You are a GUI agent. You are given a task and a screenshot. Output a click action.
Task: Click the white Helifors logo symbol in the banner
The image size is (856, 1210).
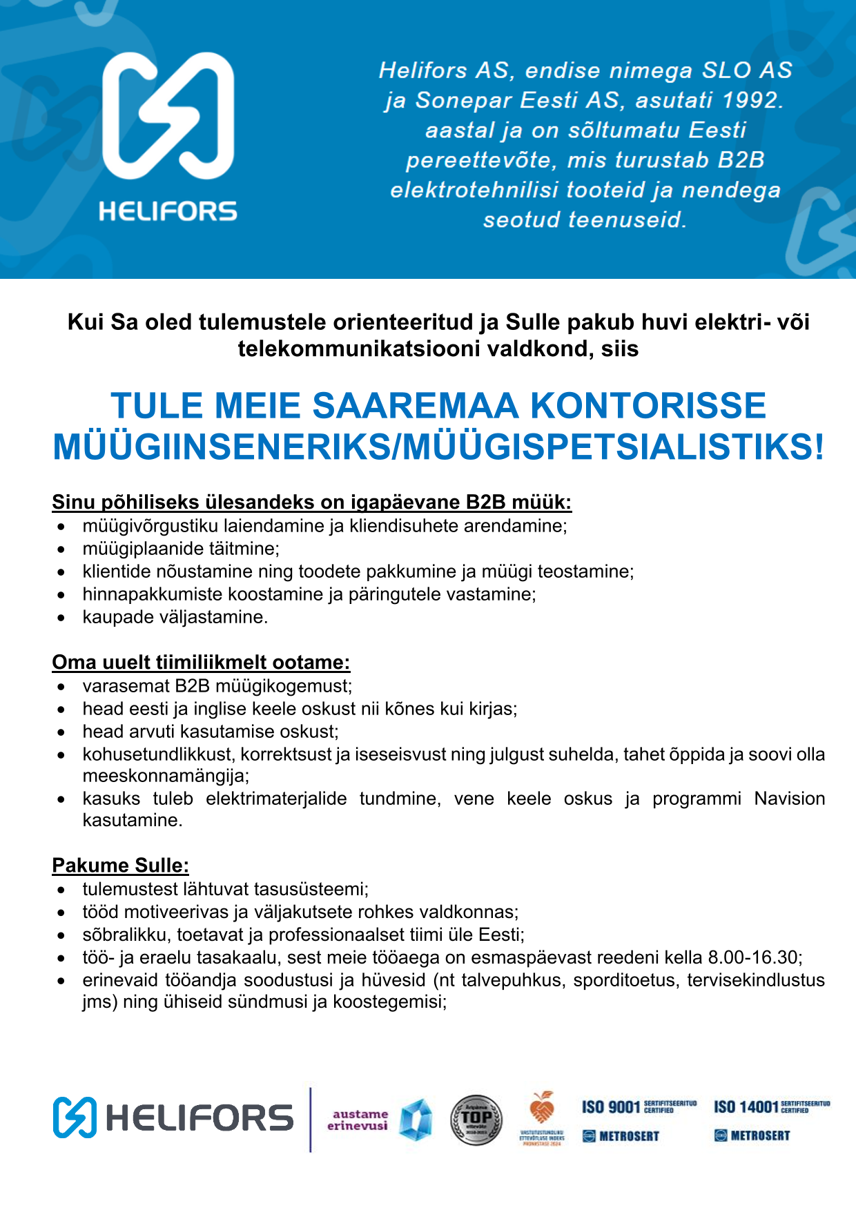tap(168, 115)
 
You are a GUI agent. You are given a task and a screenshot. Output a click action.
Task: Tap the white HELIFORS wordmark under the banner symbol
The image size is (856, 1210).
tap(168, 211)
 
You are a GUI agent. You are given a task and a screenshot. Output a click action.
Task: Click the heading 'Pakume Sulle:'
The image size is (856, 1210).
tap(120, 866)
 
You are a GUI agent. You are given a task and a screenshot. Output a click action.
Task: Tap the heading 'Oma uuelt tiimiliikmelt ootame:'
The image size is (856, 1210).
tap(201, 663)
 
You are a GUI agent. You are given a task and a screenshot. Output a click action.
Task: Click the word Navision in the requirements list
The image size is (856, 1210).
tap(789, 799)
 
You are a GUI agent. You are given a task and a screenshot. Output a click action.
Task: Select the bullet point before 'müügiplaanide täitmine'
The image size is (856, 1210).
tap(62, 550)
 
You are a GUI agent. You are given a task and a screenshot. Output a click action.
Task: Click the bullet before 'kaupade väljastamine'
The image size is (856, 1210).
tap(62, 618)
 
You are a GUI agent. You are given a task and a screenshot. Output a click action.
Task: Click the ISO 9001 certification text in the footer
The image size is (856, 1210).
tap(611, 1107)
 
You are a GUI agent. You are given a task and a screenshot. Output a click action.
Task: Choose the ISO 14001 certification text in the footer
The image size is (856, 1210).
tap(746, 1107)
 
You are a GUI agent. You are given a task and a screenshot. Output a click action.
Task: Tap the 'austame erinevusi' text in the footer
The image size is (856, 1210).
tap(358, 1120)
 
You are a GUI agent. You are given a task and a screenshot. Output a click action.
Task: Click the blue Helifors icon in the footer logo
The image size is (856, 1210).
tap(75, 1118)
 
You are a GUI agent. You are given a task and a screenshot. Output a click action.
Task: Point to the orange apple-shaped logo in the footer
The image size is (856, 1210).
tap(542, 1109)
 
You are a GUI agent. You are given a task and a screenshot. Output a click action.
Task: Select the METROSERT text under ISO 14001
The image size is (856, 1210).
tap(760, 1135)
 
